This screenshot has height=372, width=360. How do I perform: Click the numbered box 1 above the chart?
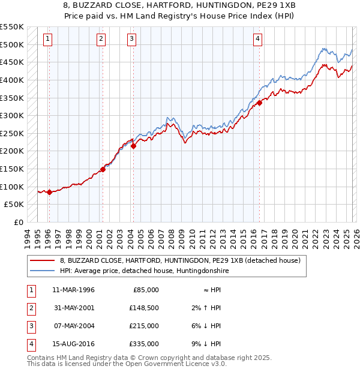47,40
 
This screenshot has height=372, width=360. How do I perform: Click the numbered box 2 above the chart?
101,40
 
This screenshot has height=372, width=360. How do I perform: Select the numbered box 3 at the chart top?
131,40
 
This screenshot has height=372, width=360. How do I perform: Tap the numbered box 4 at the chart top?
257,40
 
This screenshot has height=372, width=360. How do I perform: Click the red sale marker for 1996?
49,192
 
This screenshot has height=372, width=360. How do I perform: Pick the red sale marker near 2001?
103,169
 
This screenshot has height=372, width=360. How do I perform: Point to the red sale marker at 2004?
133,146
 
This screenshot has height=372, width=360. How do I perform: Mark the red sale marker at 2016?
260,103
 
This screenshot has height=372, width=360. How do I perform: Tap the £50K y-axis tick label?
14,205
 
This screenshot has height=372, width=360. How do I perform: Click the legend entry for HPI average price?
144,271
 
